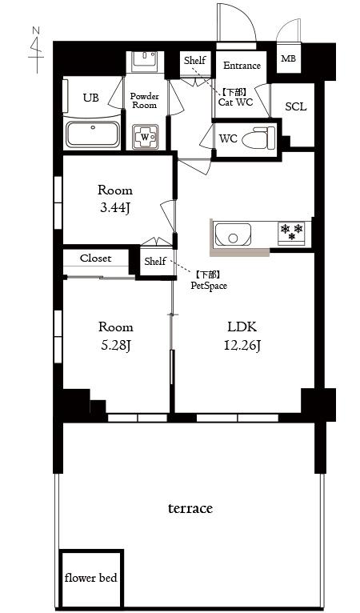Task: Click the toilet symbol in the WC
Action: point(258,138)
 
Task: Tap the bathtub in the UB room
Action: point(93,134)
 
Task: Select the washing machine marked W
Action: point(146,137)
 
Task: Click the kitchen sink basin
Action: point(233,234)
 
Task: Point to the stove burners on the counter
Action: point(291,233)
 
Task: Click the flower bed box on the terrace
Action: point(90,578)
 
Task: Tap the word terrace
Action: point(190,508)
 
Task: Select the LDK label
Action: point(242,327)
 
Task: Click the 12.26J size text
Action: point(242,345)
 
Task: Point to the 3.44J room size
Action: point(115,208)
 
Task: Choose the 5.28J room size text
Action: point(115,345)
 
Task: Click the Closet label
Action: point(96,258)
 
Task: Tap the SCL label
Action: point(296,106)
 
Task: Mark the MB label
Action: point(289,59)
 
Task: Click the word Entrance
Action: point(242,66)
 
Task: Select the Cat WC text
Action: point(235,102)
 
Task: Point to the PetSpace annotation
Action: point(209,286)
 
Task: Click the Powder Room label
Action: point(145,101)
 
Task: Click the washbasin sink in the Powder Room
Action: point(144,58)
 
